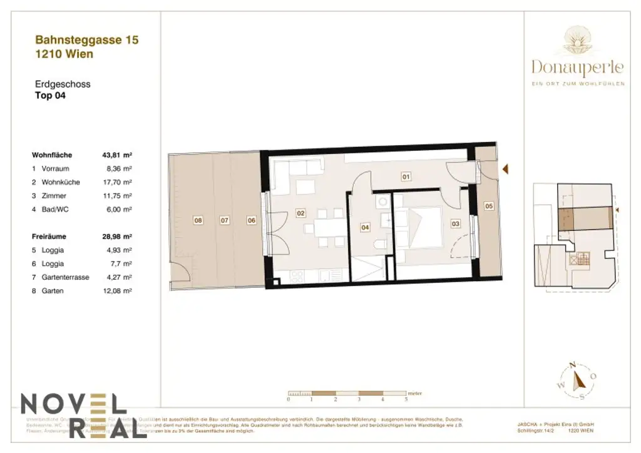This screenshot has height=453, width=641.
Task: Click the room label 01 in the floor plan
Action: pyautogui.click(x=406, y=177)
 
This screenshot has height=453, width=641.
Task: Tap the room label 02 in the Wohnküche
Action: pyautogui.click(x=300, y=213)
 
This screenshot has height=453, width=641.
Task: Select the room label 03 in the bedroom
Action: pyautogui.click(x=455, y=223)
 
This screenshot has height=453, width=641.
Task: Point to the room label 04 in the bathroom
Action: pyautogui.click(x=365, y=228)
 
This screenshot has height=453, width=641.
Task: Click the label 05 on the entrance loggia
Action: pyautogui.click(x=489, y=205)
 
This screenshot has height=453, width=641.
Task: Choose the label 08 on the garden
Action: pyautogui.click(x=198, y=220)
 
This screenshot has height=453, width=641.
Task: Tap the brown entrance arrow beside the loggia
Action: pyautogui.click(x=506, y=169)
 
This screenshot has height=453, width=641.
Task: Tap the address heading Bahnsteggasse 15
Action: pyautogui.click(x=87, y=40)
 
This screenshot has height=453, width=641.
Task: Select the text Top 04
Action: pyautogui.click(x=50, y=96)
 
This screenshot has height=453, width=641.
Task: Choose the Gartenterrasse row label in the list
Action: pyautogui.click(x=65, y=277)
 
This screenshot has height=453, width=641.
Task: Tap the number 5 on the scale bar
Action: pyautogui.click(x=406, y=399)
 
